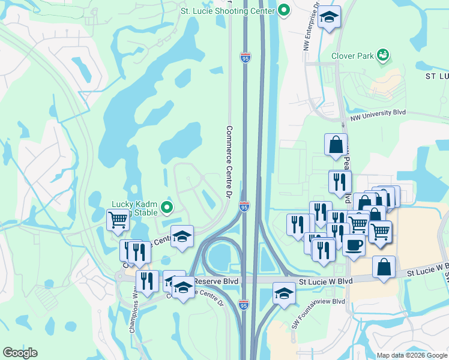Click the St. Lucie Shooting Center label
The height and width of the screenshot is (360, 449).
tap(229, 10)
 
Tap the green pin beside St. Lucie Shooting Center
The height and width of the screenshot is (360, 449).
tap(285, 10)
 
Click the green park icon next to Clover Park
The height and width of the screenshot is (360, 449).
tap(383, 56)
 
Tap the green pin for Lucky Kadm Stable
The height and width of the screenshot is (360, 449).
tap(168, 208)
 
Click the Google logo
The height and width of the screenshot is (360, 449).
tap(20, 353)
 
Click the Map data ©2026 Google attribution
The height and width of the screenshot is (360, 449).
tap(412, 355)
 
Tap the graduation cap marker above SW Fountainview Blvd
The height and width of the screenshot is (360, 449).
tap(285, 293)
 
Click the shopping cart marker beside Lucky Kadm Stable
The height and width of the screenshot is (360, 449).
tap(118, 220)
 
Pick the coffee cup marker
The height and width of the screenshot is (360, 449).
tap(354, 244)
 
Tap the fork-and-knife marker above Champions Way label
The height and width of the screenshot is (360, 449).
tap(147, 280)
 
